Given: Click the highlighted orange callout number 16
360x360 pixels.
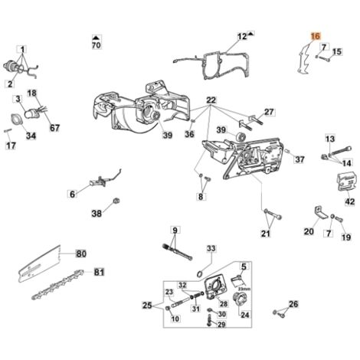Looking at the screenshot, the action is [x=316, y=36].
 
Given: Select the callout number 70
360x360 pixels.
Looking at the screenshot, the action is [x=97, y=45].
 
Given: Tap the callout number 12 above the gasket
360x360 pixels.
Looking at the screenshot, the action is [x=242, y=37].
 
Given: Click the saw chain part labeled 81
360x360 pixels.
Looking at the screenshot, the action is [x=59, y=284].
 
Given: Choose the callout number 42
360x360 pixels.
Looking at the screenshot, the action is [x=350, y=201].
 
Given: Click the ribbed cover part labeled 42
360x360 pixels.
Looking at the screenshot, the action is [x=345, y=182].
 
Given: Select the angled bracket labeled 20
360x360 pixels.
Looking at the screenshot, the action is [x=320, y=213].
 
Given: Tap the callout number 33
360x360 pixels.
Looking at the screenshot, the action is [x=211, y=248].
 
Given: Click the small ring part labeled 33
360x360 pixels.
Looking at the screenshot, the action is [x=200, y=274].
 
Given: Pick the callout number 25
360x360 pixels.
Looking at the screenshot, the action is [x=147, y=306].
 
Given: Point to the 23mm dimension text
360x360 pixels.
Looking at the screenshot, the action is [x=244, y=289].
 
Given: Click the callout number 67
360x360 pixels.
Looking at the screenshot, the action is [x=54, y=128].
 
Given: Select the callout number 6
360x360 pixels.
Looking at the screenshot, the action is [x=73, y=195].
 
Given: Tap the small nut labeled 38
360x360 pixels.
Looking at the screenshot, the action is [x=116, y=201].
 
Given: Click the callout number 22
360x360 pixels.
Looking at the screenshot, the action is [x=211, y=100].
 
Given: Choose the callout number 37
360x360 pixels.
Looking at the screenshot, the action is [x=299, y=160].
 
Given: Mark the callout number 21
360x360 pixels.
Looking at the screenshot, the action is [x=266, y=234].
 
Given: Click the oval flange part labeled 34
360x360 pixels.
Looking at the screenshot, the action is [x=16, y=119].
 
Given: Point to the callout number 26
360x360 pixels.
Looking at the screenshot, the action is [x=293, y=304].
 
